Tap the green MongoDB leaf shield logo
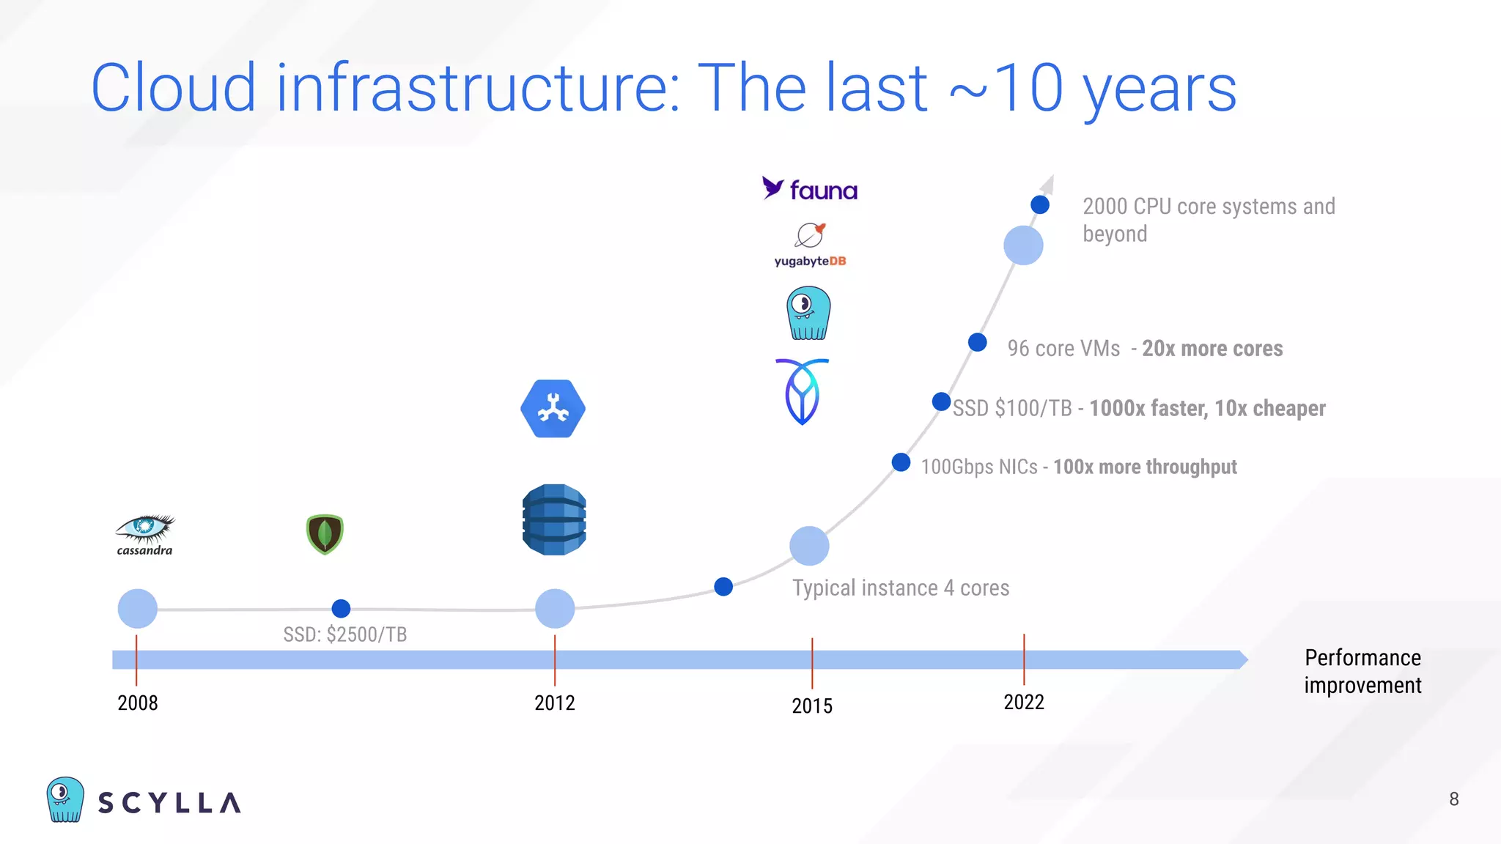click(x=325, y=534)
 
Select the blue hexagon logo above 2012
click(x=553, y=409)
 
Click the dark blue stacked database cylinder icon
click(x=554, y=519)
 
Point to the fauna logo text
click(x=822, y=191)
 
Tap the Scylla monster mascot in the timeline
click(x=808, y=314)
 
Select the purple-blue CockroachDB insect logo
click(x=802, y=391)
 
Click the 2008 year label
click(x=138, y=703)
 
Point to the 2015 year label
click(x=811, y=706)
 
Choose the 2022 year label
click(x=1023, y=703)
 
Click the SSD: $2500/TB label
click(x=344, y=634)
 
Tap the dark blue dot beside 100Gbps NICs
click(x=901, y=462)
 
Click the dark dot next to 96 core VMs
click(x=977, y=342)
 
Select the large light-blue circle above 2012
click(x=555, y=608)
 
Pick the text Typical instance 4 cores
click(x=900, y=588)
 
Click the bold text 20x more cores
click(x=1212, y=349)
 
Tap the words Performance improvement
click(x=1362, y=671)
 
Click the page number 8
click(x=1453, y=799)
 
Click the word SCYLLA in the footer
click(x=169, y=803)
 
